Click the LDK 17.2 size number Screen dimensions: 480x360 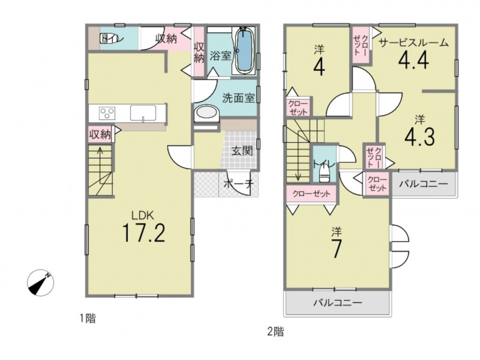[x=144, y=233]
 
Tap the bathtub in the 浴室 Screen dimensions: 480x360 [x=244, y=50]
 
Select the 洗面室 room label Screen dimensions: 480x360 [x=238, y=98]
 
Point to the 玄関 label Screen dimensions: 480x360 [x=242, y=151]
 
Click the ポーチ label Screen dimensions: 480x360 [x=239, y=184]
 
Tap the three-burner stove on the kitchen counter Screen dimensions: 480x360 [x=107, y=113]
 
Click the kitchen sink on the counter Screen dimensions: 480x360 [x=143, y=113]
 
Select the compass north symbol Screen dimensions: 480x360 [x=40, y=283]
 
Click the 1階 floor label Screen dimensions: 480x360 [x=88, y=319]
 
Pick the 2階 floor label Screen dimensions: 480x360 [x=275, y=332]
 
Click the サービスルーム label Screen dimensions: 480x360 [x=414, y=43]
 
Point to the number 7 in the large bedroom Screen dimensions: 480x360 [x=337, y=248]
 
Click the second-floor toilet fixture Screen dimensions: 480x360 [x=323, y=174]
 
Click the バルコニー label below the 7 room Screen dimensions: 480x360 [x=338, y=303]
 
